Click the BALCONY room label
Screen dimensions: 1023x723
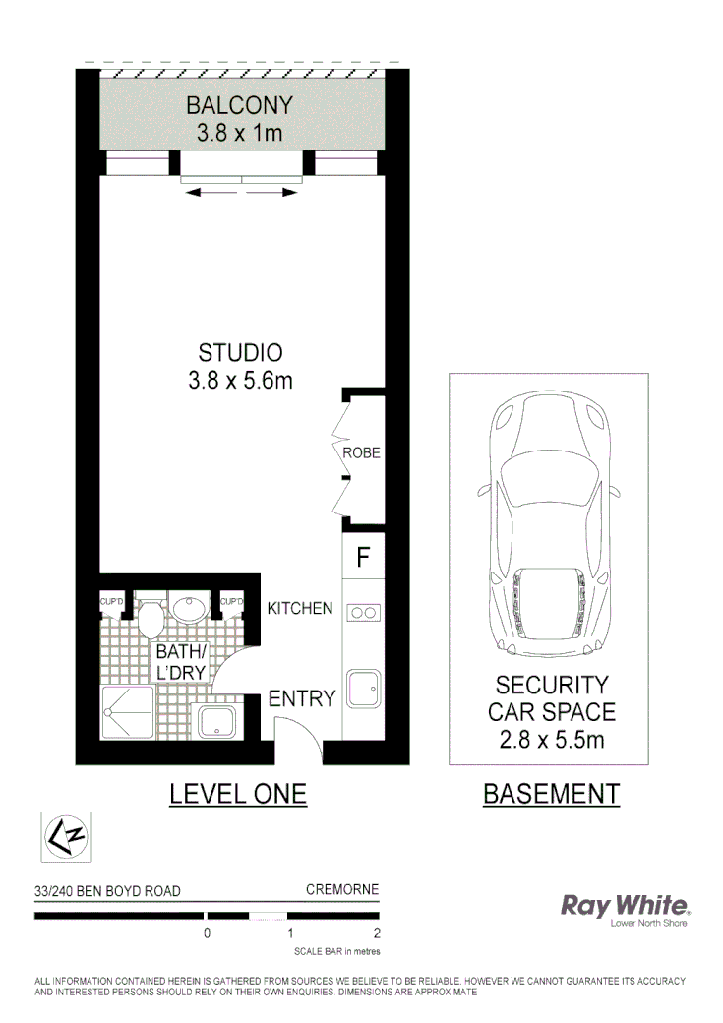[x=241, y=105]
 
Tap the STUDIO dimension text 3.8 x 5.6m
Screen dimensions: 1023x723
[x=241, y=380]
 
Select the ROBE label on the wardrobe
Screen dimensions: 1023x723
[x=361, y=453]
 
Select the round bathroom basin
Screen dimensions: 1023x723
[x=185, y=607]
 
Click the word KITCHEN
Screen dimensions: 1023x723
[x=300, y=608]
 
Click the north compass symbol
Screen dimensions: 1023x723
[x=65, y=837]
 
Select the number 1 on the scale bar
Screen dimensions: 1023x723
[x=290, y=933]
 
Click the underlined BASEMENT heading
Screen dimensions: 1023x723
[x=551, y=794]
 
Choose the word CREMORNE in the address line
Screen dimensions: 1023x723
[x=342, y=890]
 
